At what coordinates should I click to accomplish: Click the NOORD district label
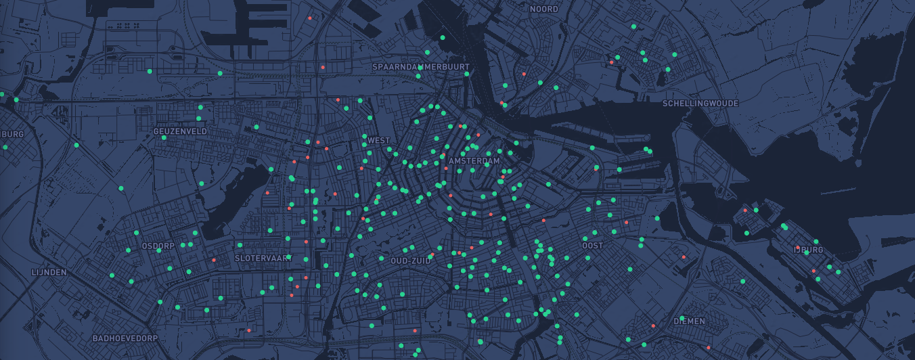tap(544, 9)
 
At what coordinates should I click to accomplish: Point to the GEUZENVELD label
tap(180, 131)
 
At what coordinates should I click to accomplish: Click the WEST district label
tap(379, 141)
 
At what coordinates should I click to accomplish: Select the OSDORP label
tap(158, 246)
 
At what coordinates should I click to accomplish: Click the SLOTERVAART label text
tap(263, 258)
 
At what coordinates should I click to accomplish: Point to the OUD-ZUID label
tap(411, 261)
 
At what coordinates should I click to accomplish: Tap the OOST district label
tap(593, 246)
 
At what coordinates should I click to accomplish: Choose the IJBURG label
tap(809, 250)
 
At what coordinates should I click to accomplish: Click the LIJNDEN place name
tap(49, 272)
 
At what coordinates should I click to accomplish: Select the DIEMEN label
tap(690, 321)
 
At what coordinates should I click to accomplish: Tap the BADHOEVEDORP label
tap(125, 338)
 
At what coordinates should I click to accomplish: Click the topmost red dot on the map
tap(309, 18)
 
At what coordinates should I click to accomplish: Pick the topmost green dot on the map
tap(633, 26)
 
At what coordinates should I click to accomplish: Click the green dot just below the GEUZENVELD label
tap(164, 137)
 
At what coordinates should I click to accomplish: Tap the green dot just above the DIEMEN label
tap(682, 317)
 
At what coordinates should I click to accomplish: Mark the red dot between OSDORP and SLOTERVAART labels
tap(214, 260)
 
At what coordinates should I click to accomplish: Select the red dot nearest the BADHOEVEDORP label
tap(249, 330)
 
